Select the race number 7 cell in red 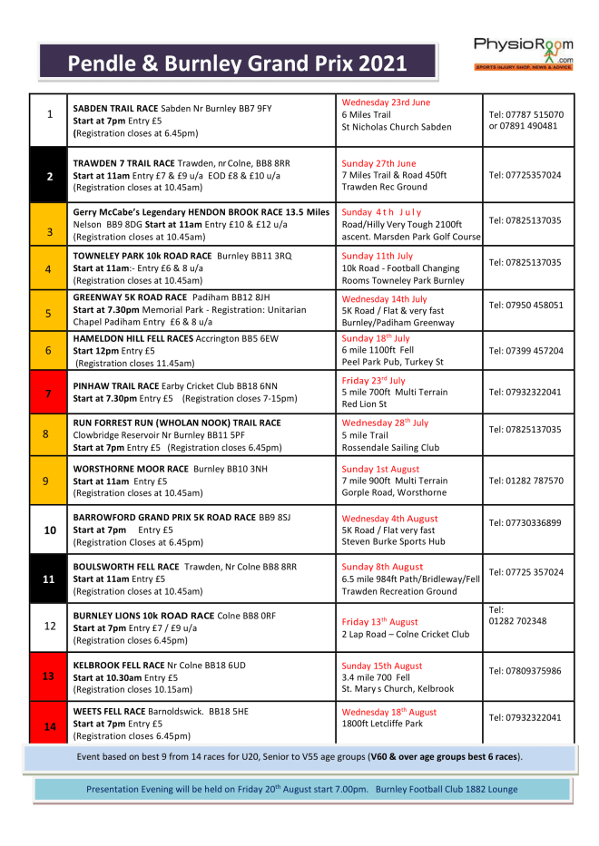tap(49, 393)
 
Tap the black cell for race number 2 tap(49, 175)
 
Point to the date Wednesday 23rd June tap(386, 102)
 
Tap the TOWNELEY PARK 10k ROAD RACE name tap(142, 256)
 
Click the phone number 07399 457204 tap(525, 351)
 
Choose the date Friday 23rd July tap(373, 381)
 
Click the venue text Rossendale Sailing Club tap(390, 447)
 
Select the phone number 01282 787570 tap(525, 481)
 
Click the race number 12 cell tap(49, 625)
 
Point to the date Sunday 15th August tap(382, 665)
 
